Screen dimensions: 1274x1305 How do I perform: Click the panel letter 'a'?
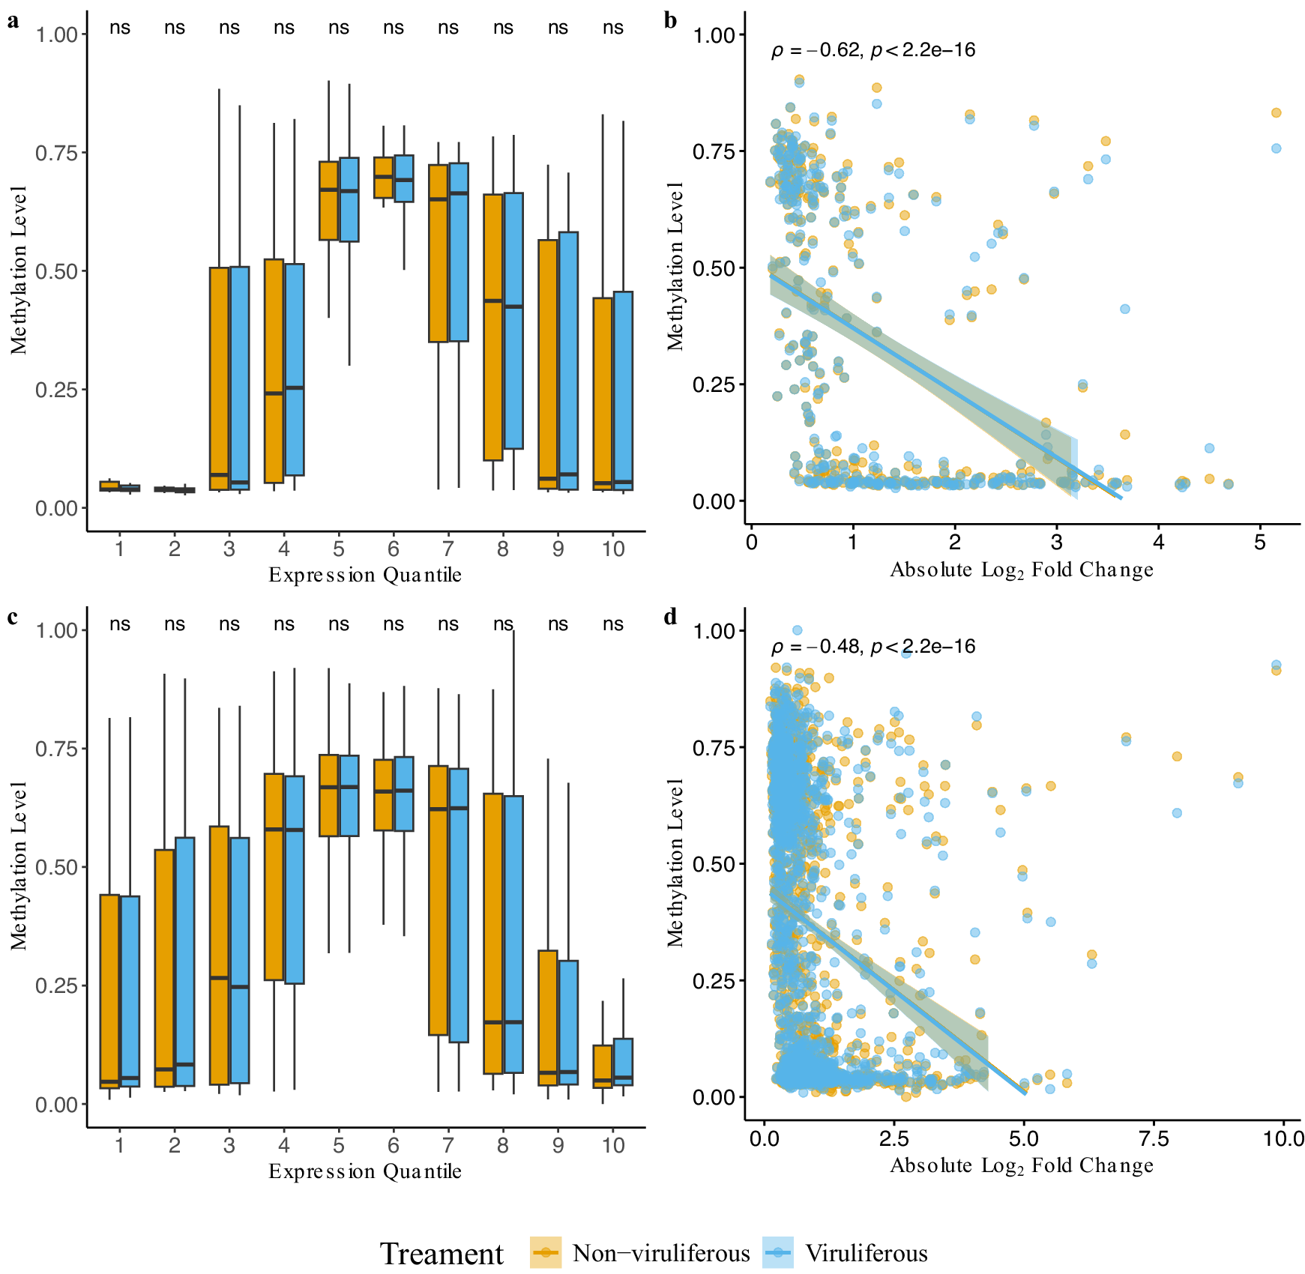13,21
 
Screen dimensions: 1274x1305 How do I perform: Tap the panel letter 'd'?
670,617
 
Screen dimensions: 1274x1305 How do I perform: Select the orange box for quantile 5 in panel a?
328,200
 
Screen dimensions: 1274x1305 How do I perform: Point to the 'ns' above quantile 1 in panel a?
120,28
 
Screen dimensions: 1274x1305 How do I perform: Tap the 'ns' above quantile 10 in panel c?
612,624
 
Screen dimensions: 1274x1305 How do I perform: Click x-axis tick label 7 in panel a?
447,549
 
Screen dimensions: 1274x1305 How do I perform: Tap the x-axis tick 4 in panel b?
1158,543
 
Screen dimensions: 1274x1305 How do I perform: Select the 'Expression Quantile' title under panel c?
365,1171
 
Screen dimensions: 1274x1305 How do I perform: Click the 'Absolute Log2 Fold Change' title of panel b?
1021,570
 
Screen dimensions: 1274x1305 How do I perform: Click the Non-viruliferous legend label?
660,1253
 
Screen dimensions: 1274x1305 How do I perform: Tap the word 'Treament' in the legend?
441,1254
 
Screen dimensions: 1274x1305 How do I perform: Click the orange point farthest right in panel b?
1276,113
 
